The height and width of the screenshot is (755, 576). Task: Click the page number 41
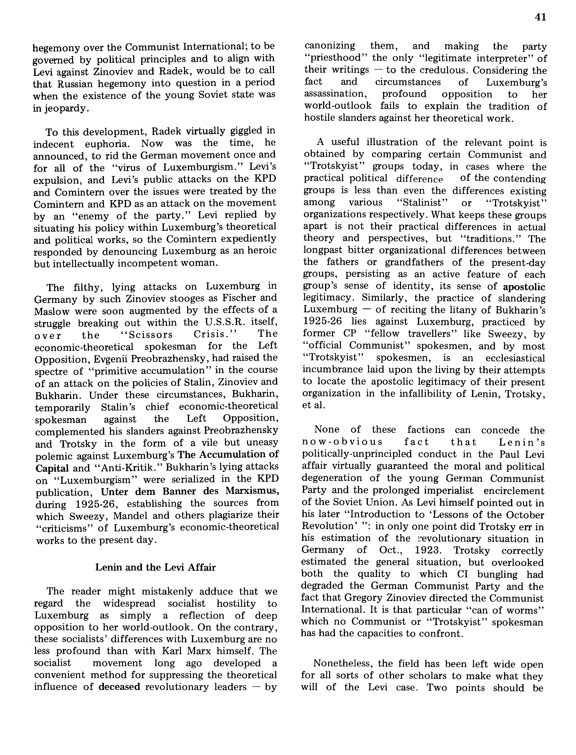(540, 17)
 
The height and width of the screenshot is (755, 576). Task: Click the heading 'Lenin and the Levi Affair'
(155, 567)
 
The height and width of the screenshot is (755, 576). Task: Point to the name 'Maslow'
(52, 311)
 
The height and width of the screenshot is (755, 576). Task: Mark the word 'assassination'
(334, 94)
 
